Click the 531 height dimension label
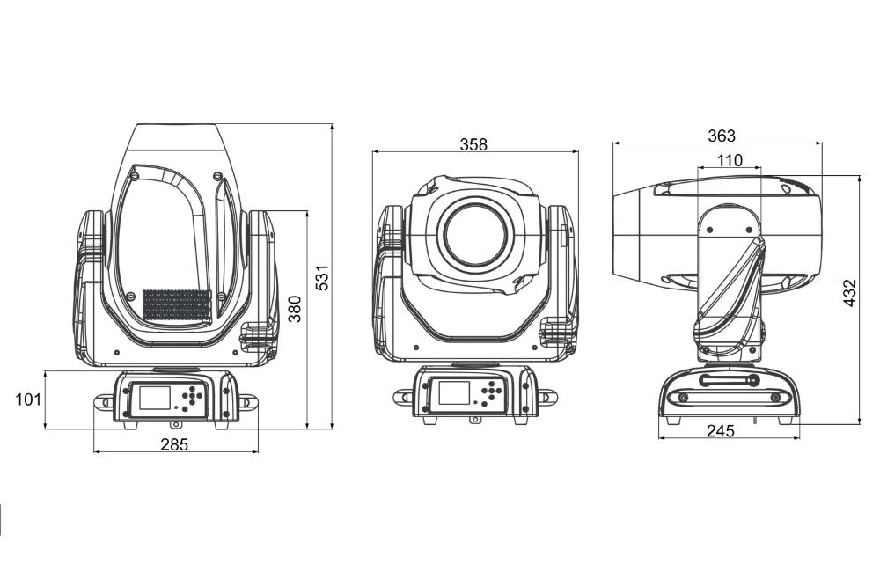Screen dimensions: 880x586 click(x=322, y=277)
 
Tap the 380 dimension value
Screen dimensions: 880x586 click(x=295, y=309)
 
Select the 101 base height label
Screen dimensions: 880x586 click(x=28, y=399)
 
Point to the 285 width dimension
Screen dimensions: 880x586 click(x=174, y=444)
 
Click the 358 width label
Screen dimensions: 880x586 click(x=473, y=144)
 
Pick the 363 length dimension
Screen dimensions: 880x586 click(x=722, y=136)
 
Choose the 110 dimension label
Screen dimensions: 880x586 click(x=730, y=160)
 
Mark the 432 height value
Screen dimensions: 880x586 click(x=850, y=293)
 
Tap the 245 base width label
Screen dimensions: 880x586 click(x=721, y=430)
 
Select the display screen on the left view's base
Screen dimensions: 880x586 click(x=154, y=397)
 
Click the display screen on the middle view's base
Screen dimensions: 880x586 click(x=454, y=392)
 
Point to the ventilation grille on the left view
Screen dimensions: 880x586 click(x=176, y=306)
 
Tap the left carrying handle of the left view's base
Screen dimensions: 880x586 click(x=104, y=402)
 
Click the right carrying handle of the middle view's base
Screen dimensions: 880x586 click(x=547, y=397)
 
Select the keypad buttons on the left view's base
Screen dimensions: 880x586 click(x=191, y=396)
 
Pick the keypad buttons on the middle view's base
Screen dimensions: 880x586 click(x=490, y=392)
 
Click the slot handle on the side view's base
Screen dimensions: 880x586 click(x=729, y=381)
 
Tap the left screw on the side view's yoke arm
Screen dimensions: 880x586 click(x=710, y=230)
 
